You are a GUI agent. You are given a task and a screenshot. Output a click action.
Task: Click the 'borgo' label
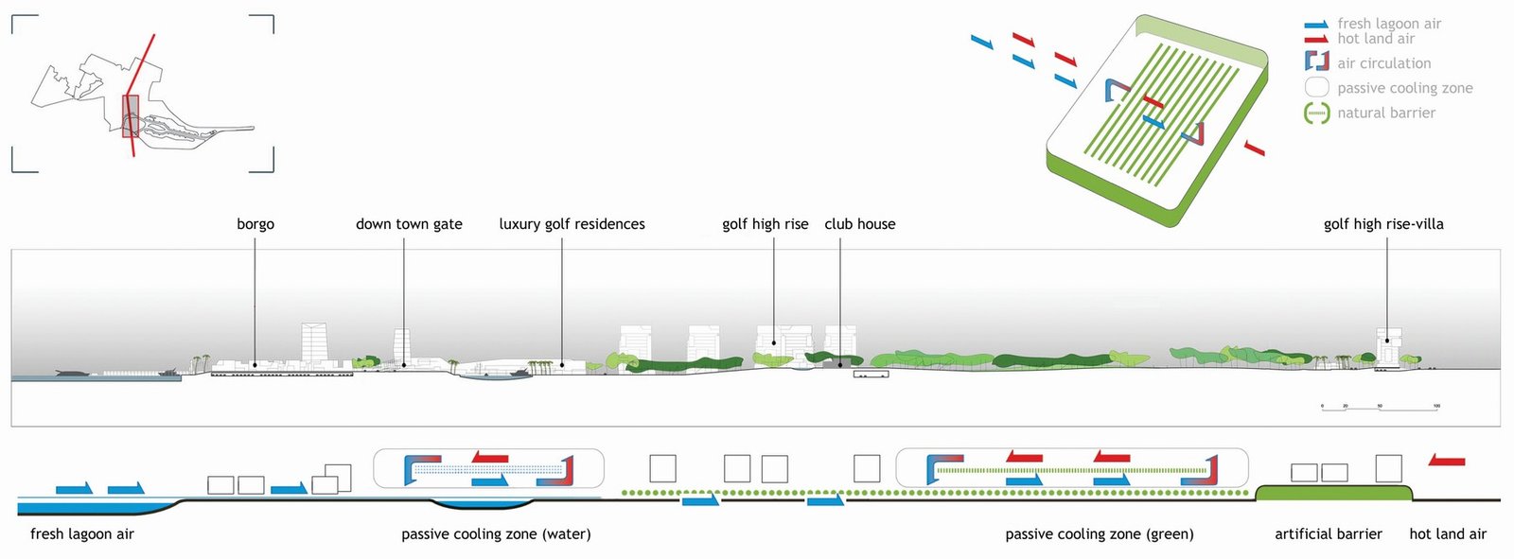(x=255, y=224)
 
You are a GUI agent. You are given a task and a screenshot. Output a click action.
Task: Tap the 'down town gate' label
(x=409, y=224)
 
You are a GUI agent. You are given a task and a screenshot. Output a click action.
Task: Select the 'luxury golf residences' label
(x=572, y=224)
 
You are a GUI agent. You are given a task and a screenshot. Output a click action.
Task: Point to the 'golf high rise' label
(x=765, y=224)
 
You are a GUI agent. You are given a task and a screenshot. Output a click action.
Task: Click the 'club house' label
(x=859, y=224)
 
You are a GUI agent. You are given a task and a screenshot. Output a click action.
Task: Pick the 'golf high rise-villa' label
(x=1383, y=224)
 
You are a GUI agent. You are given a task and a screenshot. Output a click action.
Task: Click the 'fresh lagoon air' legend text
(x=1388, y=24)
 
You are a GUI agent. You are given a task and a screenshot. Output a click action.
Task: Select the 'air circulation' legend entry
(x=1383, y=63)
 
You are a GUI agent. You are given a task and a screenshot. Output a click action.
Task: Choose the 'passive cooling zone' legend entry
(x=1404, y=88)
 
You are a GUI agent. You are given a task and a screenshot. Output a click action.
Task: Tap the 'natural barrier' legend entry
(x=1385, y=113)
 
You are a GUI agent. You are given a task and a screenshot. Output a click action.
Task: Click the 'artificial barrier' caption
(x=1328, y=534)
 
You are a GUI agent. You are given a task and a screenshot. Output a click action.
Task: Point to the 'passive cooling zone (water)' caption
(x=496, y=534)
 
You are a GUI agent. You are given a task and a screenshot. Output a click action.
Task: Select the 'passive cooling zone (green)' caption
(x=1099, y=534)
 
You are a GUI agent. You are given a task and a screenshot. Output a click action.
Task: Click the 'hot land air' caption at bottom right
(x=1447, y=534)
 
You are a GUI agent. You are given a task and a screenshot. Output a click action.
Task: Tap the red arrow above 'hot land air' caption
(x=1447, y=461)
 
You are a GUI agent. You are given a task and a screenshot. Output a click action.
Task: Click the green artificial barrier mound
(x=1334, y=493)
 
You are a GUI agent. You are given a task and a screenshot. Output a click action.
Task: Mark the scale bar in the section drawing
(x=1380, y=408)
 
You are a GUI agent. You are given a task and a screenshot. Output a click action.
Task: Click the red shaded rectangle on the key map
(x=131, y=115)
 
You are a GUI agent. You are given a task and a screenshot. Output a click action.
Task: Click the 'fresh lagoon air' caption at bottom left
(x=82, y=534)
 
